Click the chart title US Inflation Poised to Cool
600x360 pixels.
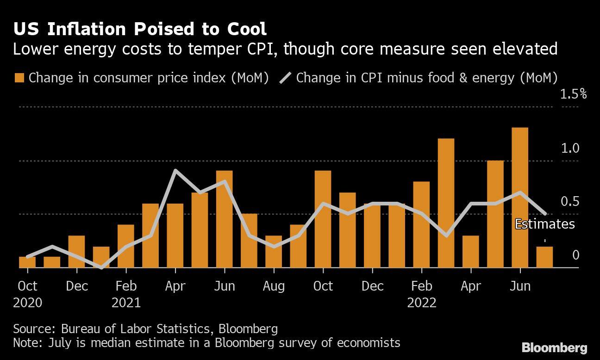[140, 29]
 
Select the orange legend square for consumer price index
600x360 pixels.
[19, 77]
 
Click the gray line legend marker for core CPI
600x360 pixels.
[285, 77]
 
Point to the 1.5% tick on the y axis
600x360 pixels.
[573, 94]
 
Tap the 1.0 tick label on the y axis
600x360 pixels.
[570, 148]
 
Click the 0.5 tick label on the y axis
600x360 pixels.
[570, 202]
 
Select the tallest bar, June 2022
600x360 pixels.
[520, 198]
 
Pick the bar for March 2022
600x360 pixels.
[446, 203]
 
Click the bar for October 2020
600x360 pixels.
[27, 262]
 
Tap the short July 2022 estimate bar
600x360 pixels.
[544, 257]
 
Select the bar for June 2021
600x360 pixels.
[224, 219]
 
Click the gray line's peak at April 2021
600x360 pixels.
[175, 171]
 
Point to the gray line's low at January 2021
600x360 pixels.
[101, 267]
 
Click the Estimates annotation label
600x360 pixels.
[544, 224]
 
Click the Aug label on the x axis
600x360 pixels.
[274, 286]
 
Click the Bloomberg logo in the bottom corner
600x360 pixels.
[554, 348]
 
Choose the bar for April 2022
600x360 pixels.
[470, 252]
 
